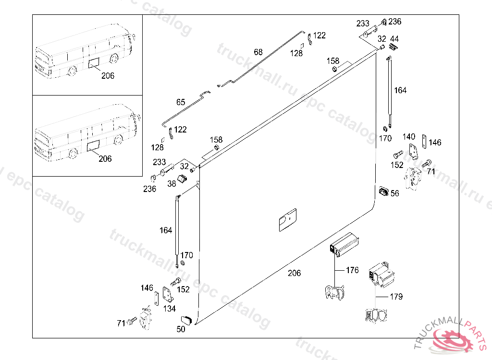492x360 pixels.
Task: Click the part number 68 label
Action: (x=258, y=52)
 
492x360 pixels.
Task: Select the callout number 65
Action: (x=181, y=102)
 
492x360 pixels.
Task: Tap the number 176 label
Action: (x=352, y=270)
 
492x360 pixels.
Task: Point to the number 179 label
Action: (x=396, y=296)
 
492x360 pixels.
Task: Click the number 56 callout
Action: (x=395, y=193)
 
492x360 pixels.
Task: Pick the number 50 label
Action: (x=181, y=329)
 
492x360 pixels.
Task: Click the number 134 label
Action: (x=170, y=309)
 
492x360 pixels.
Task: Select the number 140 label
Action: (x=409, y=137)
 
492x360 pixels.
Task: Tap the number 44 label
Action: (x=394, y=38)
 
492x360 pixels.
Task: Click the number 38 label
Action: (x=172, y=184)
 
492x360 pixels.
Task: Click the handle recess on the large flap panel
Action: (x=288, y=220)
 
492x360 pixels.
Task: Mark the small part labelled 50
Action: (x=186, y=320)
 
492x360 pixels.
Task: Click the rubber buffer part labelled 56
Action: (x=384, y=191)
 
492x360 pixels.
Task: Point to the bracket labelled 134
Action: (x=168, y=294)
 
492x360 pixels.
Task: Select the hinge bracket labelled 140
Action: (x=414, y=151)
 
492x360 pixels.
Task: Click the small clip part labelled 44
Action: (x=393, y=47)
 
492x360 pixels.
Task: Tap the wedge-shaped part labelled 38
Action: (x=182, y=179)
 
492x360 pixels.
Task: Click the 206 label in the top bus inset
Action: (x=108, y=75)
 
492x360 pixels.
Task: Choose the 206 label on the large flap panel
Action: (x=295, y=273)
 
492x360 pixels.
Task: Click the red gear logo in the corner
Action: (x=453, y=340)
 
